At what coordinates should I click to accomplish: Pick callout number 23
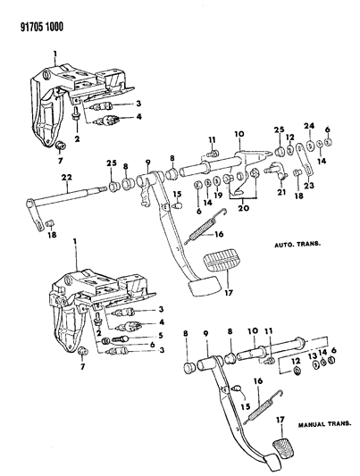tap(310, 186)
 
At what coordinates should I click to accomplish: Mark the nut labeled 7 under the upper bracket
tap(62, 145)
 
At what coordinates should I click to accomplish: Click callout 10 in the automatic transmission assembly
tap(239, 135)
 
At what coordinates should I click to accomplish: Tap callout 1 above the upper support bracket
tap(54, 54)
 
